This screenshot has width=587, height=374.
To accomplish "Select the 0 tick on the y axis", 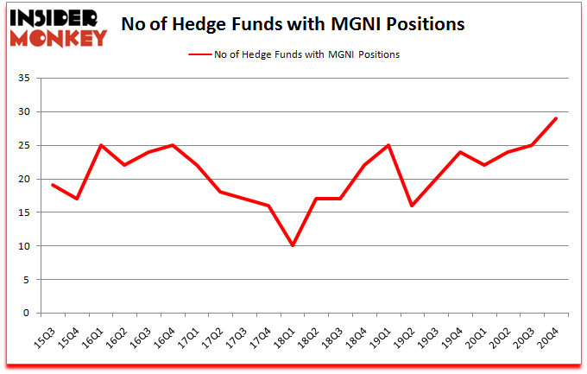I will point(26,314).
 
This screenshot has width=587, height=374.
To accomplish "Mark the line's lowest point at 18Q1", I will point(293,246).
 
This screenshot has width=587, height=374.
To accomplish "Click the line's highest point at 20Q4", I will point(557,118).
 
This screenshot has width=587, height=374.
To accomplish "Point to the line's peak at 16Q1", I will point(101,145).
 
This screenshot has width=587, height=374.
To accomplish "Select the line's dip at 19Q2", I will point(413,206).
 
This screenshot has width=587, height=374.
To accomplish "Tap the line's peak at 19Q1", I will point(389,145).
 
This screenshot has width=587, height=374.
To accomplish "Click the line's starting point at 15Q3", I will point(54,186).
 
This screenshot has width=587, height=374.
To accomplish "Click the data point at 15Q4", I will point(78,199).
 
